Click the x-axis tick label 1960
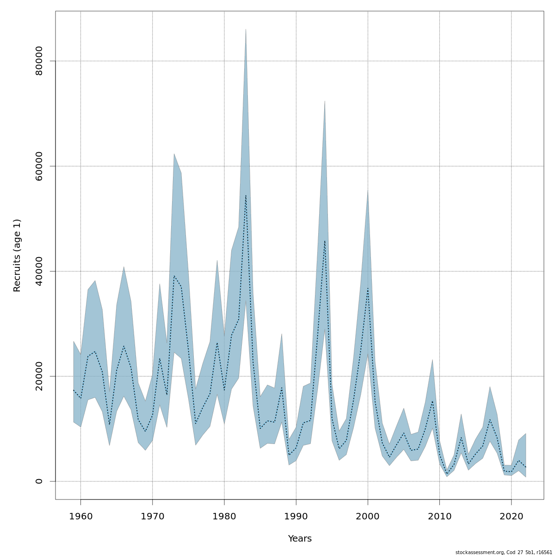(80, 515)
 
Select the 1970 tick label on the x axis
(152, 515)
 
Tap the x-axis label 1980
(224, 515)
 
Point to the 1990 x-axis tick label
(296, 515)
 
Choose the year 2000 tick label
(368, 515)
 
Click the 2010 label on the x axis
(439, 515)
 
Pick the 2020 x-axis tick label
(512, 515)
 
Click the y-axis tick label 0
(39, 481)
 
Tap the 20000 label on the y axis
(39, 376)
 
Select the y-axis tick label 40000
(39, 271)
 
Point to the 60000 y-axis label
(39, 166)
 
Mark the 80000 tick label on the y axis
(39, 61)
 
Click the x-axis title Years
(300, 539)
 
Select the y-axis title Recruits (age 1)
(17, 255)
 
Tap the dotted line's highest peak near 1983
(246, 195)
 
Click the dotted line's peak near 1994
(325, 240)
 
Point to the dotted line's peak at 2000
(368, 289)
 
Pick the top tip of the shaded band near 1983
(246, 30)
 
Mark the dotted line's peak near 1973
(174, 276)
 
